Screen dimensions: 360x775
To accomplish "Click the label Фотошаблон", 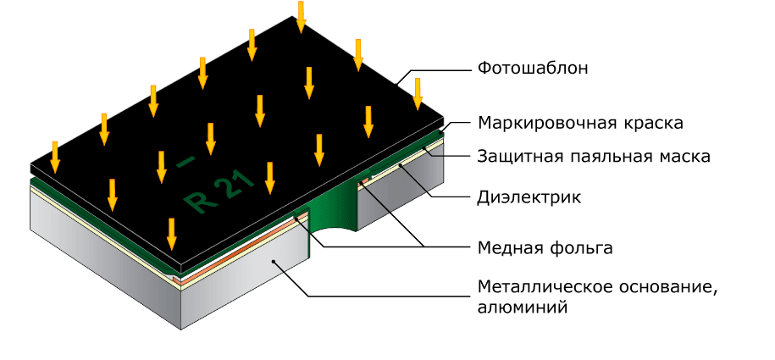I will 532,68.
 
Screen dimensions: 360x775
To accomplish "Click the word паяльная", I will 594,157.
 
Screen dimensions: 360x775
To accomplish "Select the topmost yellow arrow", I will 301,17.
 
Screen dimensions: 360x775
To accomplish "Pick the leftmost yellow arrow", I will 55,157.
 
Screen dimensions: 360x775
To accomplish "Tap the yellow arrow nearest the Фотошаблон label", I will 417,93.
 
